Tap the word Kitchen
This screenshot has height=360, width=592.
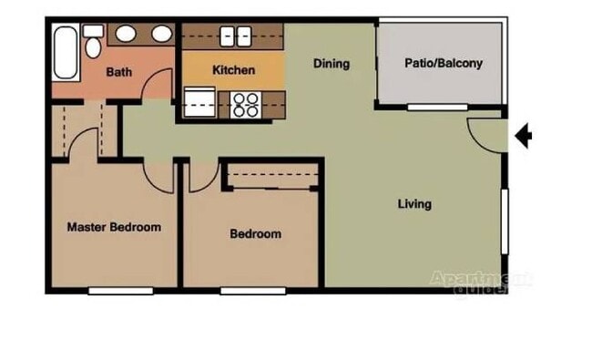pos(233,70)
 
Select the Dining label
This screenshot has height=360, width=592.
pos(332,64)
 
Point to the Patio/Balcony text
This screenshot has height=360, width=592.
pos(443,64)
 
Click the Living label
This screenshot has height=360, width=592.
pos(414,204)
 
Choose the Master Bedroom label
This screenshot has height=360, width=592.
pos(114,227)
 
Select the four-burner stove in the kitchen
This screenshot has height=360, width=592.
pos(245,105)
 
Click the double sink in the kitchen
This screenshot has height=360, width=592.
pos(234,36)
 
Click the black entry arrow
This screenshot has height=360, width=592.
pos(523,137)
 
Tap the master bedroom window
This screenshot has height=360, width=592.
pos(120,291)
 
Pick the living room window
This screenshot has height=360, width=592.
pos(505,221)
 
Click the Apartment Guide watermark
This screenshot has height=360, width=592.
pos(480,283)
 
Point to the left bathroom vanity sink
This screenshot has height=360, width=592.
pos(126,35)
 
